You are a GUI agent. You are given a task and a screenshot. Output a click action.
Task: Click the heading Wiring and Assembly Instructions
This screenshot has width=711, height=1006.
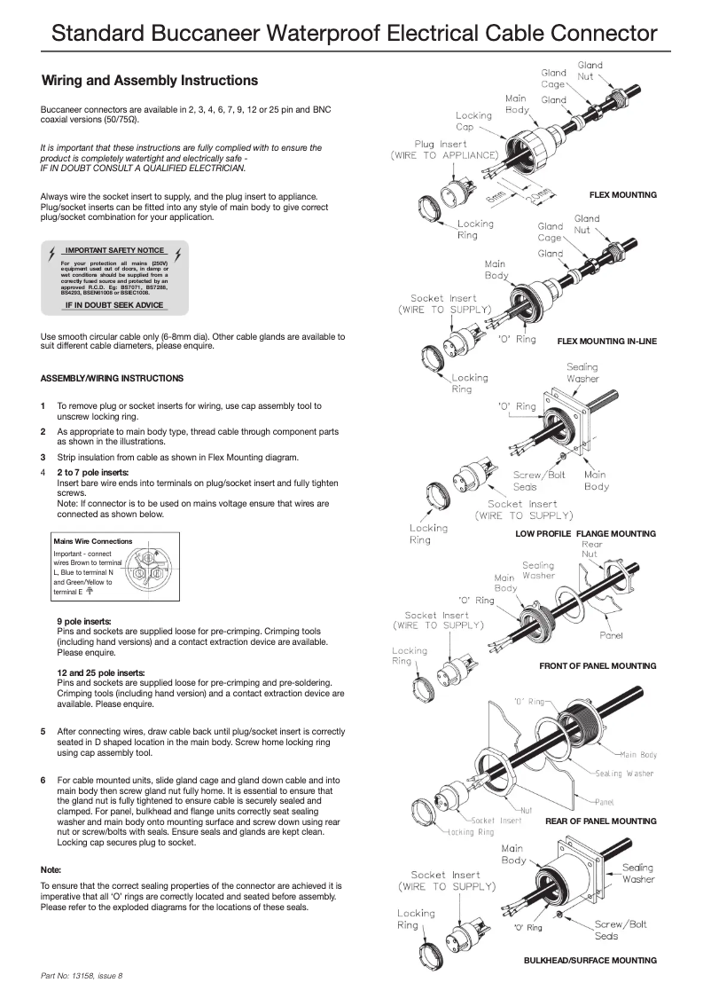[150, 81]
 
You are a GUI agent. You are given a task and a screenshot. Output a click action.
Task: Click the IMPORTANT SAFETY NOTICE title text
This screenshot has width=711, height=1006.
[114, 251]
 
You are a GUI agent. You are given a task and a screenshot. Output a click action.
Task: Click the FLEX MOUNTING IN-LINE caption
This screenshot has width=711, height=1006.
[606, 342]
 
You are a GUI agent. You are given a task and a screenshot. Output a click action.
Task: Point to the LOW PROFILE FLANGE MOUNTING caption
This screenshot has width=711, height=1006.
[585, 534]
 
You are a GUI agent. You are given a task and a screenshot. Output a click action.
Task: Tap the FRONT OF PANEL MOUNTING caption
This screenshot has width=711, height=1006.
[598, 665]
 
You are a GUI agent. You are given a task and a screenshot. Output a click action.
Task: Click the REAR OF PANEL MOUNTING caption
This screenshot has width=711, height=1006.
[600, 821]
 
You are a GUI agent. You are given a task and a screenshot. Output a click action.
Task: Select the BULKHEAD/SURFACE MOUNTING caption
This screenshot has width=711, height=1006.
[590, 960]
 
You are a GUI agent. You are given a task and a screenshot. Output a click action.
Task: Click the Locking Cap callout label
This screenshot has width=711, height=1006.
[473, 121]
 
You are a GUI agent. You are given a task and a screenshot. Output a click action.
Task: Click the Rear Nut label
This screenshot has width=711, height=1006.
[591, 549]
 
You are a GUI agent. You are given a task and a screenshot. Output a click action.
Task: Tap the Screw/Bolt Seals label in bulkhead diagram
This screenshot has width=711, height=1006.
[620, 930]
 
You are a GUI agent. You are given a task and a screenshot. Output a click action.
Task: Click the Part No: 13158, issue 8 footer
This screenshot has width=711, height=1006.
[82, 976]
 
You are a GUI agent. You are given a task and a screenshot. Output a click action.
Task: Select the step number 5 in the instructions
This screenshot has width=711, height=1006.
[43, 732]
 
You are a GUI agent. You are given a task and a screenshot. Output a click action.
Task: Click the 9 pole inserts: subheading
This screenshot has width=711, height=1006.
[84, 622]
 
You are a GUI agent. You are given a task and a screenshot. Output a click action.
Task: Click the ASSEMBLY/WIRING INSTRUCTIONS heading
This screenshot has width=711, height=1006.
[112, 378]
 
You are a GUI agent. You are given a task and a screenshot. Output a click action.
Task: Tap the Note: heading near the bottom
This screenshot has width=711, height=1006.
[51, 869]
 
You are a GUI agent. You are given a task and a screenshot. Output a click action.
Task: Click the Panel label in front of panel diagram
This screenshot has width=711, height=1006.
[611, 635]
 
